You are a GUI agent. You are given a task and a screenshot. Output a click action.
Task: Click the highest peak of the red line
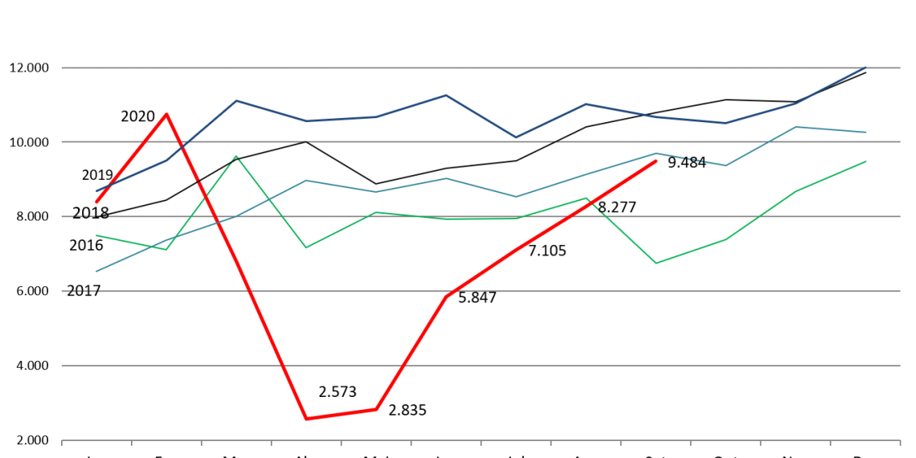(x=166, y=114)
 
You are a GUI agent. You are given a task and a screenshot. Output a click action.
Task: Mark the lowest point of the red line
(x=306, y=419)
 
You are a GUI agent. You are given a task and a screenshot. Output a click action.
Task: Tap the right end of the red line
(x=656, y=161)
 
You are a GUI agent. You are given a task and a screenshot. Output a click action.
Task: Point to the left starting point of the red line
(x=96, y=202)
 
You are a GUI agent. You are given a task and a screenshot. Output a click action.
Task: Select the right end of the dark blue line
(x=866, y=67)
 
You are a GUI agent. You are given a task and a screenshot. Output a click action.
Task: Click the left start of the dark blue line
(x=96, y=190)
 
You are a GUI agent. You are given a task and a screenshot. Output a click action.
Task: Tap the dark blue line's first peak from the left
(x=236, y=100)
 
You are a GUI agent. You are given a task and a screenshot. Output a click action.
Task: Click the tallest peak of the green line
(x=236, y=157)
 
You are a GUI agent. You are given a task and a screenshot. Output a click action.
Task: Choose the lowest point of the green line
(x=656, y=264)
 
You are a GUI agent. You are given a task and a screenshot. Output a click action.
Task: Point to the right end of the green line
(x=866, y=162)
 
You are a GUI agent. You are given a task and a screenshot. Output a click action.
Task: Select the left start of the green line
(x=96, y=235)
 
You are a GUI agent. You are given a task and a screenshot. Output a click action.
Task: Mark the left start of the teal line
(x=96, y=271)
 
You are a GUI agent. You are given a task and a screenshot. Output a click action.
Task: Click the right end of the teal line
(x=866, y=132)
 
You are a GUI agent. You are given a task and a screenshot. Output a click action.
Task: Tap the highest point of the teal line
(x=795, y=127)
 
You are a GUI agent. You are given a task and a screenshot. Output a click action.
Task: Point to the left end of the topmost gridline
(x=62, y=67)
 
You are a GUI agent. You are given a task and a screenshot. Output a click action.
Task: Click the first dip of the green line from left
(x=166, y=249)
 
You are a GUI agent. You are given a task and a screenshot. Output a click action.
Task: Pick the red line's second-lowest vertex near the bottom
(x=376, y=410)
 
